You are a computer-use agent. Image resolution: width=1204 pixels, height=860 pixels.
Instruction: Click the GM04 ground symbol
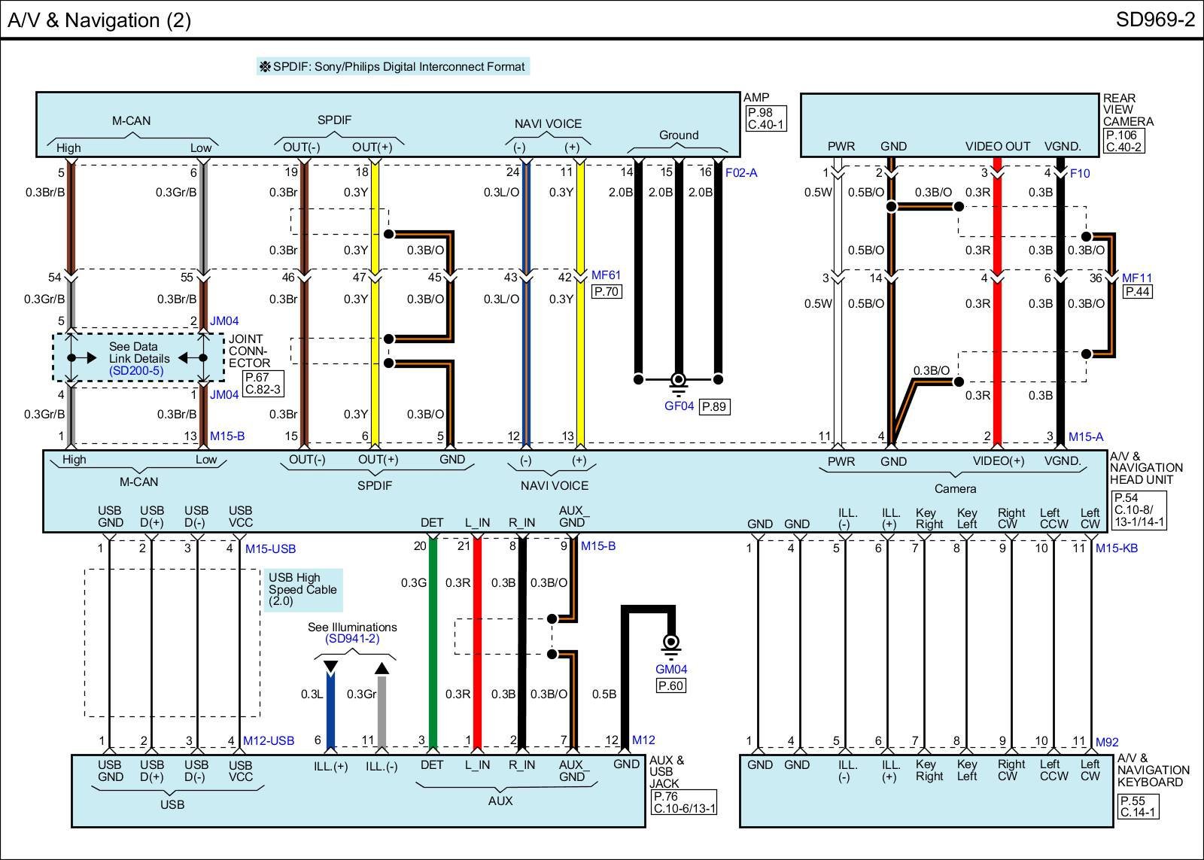click(670, 644)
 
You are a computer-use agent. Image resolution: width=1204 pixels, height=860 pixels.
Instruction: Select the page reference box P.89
click(714, 407)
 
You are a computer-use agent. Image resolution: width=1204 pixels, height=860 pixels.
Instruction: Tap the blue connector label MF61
click(606, 275)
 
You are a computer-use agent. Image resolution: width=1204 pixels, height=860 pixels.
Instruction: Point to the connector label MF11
click(1137, 278)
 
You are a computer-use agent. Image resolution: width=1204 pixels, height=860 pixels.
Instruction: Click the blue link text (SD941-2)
click(352, 639)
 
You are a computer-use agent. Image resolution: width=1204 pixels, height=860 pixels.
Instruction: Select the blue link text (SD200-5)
click(136, 371)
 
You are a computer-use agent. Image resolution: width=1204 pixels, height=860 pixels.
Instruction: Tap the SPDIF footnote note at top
click(393, 66)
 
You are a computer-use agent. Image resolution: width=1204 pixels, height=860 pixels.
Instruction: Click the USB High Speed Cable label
click(303, 589)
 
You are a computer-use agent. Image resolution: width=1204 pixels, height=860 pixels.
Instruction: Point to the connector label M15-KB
click(1116, 549)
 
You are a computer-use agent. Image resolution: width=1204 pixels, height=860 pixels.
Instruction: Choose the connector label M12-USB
click(269, 741)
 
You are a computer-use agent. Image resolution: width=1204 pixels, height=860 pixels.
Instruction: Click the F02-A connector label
click(741, 173)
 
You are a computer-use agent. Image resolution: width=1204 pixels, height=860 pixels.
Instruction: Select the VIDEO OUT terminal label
click(998, 147)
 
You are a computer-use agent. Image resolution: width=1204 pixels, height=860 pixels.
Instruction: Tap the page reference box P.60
click(670, 685)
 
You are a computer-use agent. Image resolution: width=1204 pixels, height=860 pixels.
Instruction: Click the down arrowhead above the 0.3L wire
click(330, 667)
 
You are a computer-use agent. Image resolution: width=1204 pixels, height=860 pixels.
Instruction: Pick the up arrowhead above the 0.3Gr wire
click(382, 667)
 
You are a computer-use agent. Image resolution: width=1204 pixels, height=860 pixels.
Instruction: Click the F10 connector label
click(1080, 173)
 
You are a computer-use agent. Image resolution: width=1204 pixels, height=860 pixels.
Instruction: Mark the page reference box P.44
click(1137, 292)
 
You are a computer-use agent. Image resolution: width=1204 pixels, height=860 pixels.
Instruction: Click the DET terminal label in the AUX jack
click(432, 765)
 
